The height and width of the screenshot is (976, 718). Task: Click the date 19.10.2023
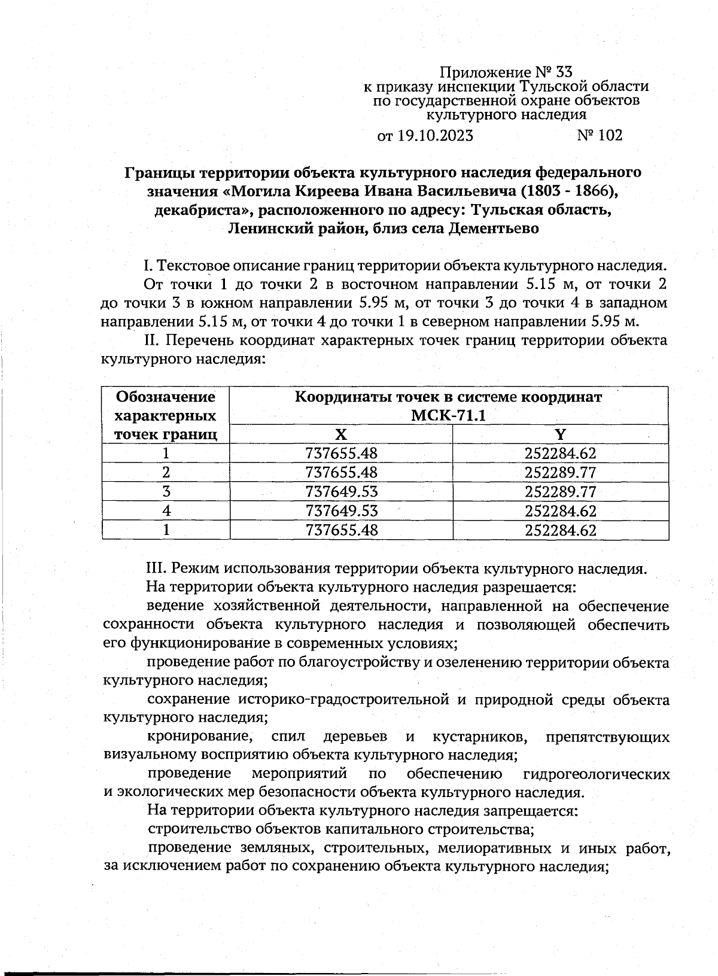[434, 136]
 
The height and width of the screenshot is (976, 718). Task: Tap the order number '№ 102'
[600, 135]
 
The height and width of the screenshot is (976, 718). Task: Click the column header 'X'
[341, 434]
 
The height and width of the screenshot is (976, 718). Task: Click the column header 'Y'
[560, 434]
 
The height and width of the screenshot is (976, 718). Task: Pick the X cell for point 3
[341, 492]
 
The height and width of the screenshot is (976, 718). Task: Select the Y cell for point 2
[560, 473]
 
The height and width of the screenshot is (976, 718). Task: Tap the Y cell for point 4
[560, 511]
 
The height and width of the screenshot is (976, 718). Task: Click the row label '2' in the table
[166, 473]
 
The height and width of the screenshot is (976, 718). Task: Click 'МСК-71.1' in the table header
[449, 415]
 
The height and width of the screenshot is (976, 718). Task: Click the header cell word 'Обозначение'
[166, 397]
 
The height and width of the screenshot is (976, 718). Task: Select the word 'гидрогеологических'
[596, 774]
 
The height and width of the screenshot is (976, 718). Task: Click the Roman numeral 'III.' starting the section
[157, 568]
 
